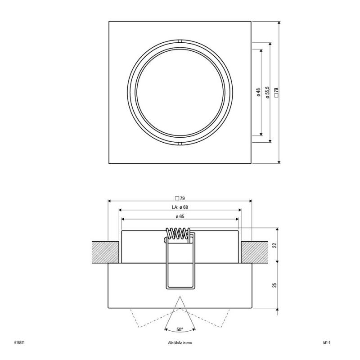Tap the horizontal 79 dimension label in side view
click(180, 198)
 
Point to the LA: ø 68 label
click(180, 207)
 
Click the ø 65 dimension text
click(180, 216)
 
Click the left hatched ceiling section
click(105, 252)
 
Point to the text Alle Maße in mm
click(180, 343)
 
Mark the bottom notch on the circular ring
click(180, 144)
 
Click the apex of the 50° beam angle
click(180, 297)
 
